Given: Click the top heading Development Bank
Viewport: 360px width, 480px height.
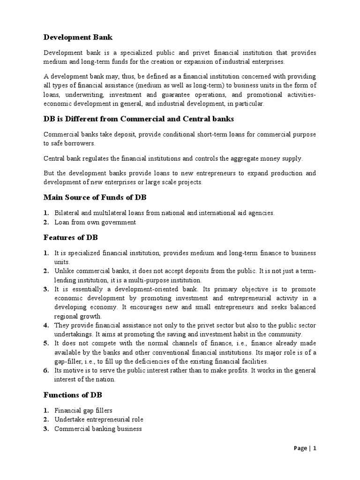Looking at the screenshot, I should point(78,37).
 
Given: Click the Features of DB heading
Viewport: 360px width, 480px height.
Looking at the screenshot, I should point(70,238).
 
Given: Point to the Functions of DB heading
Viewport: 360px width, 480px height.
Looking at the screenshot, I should point(73,395).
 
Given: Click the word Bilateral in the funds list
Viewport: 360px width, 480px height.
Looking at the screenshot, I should point(66,213).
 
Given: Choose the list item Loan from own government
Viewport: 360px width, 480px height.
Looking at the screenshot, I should point(95,222).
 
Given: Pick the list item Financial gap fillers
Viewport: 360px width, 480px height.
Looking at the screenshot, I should point(83,410).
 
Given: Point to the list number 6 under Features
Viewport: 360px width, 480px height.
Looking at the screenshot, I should point(46,370).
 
